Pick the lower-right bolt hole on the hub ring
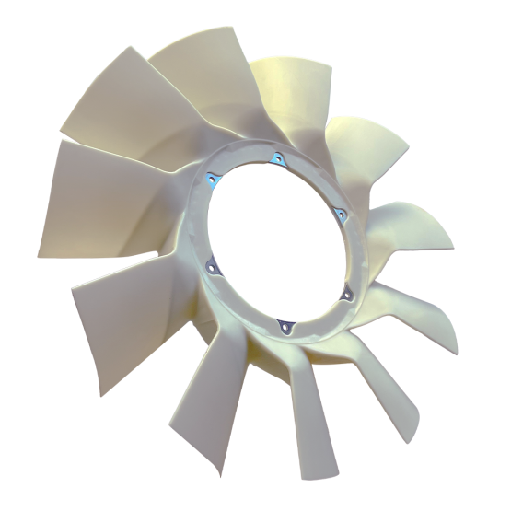coord(347,294)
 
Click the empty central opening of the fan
coord(273,241)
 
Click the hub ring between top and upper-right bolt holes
coord(313,175)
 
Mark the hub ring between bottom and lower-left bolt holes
coord(239,308)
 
